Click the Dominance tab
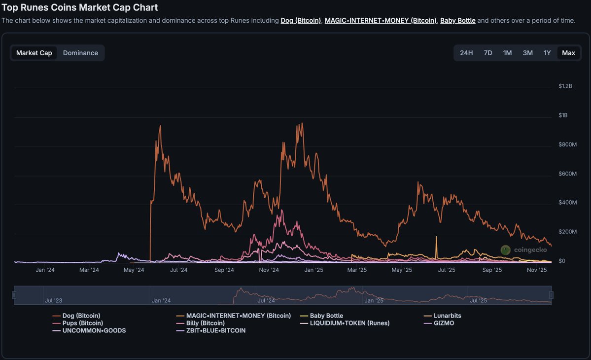click(x=80, y=53)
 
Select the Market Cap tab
click(x=34, y=53)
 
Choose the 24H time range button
click(x=466, y=53)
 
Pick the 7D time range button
click(x=488, y=53)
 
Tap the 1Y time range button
click(x=547, y=53)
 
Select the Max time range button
click(x=568, y=53)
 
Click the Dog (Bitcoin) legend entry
click(x=81, y=316)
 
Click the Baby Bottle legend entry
click(x=326, y=316)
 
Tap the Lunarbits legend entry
click(x=447, y=316)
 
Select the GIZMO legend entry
click(x=444, y=323)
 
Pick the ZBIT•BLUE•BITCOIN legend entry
click(x=215, y=330)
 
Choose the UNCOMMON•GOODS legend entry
click(x=94, y=330)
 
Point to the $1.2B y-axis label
click(x=565, y=86)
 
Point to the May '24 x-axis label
click(x=134, y=270)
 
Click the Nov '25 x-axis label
click(x=537, y=270)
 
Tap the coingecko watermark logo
click(x=523, y=250)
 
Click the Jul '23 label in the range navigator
click(x=53, y=300)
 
